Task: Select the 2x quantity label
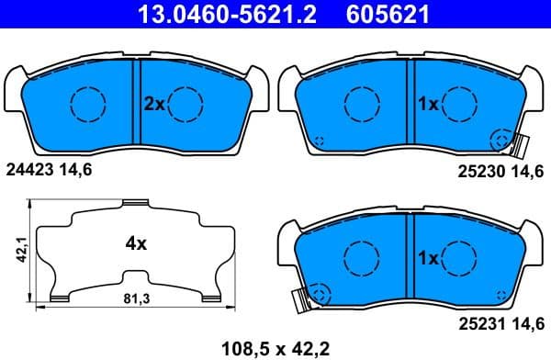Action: point(153,105)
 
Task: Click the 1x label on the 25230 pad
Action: point(427,105)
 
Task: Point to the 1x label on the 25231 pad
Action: point(427,258)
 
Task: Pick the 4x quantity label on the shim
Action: point(136,243)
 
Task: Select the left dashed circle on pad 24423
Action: point(88,104)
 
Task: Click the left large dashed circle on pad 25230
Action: point(360,104)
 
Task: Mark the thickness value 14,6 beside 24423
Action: point(75,170)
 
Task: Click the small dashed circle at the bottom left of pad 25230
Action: point(320,141)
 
